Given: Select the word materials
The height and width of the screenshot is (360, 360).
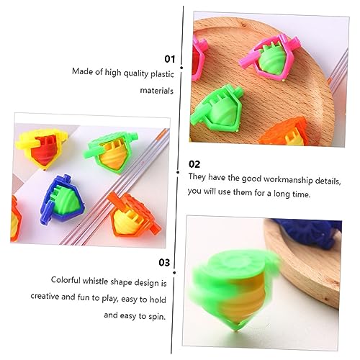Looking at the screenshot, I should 157,91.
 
